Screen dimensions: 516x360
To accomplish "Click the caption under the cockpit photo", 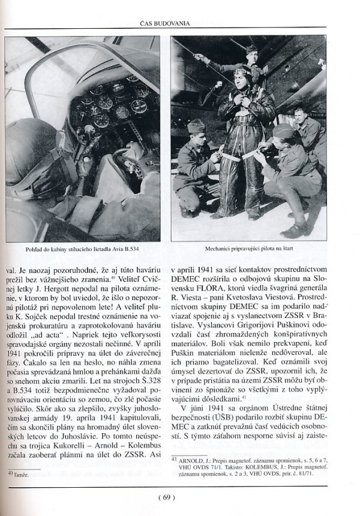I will (x=84, y=247).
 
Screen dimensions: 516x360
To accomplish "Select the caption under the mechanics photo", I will (x=249, y=247).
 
